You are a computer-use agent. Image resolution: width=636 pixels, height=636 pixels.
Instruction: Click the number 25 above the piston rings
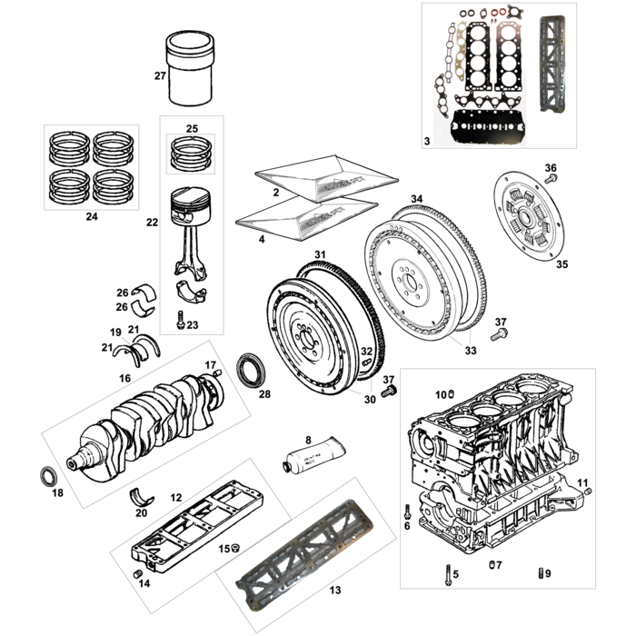pyautogui.click(x=191, y=128)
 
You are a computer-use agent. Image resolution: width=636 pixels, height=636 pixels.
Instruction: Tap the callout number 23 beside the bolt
pyautogui.click(x=192, y=324)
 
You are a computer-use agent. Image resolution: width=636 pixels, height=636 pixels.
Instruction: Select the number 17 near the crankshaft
pyautogui.click(x=210, y=366)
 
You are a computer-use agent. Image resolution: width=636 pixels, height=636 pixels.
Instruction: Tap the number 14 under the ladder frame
pyautogui.click(x=144, y=583)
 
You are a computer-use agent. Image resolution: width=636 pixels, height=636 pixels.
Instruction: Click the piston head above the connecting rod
pyautogui.click(x=191, y=204)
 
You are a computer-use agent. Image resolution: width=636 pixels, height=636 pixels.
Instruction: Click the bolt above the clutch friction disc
pyautogui.click(x=549, y=180)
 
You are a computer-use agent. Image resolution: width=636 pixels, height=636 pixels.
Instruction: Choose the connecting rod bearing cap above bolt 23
pyautogui.click(x=191, y=293)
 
